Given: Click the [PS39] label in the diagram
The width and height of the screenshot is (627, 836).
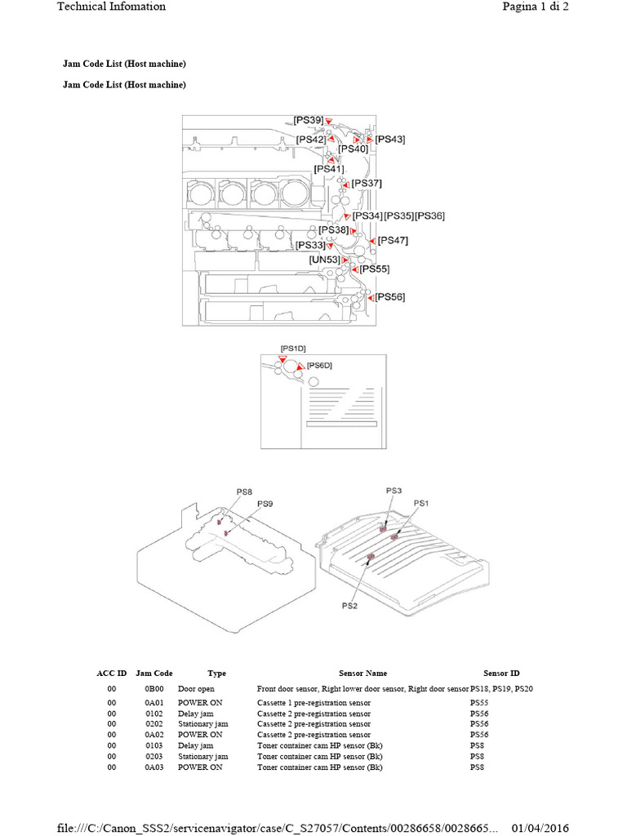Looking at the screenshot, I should [308, 120].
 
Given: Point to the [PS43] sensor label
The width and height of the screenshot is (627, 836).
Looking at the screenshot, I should [390, 140].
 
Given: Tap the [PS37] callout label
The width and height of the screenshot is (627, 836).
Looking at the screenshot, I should [367, 184].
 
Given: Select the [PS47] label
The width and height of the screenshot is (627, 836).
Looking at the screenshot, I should [394, 241].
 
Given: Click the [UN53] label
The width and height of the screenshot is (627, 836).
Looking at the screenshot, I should [324, 260].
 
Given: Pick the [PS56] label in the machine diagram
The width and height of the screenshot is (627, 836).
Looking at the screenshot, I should [389, 297].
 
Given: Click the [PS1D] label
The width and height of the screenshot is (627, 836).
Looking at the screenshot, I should [292, 349].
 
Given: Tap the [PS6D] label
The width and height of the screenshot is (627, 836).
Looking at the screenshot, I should [319, 365].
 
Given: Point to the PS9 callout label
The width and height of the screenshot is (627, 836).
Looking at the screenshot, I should [265, 504].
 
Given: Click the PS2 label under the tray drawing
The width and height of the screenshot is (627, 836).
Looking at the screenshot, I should [349, 606].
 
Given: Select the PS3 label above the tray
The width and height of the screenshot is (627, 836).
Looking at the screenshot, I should [394, 490].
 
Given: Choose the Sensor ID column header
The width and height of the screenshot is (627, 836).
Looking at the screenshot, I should [501, 674].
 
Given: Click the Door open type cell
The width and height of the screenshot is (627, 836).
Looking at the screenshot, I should [196, 689].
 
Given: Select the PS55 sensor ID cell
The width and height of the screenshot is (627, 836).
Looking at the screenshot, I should [479, 703].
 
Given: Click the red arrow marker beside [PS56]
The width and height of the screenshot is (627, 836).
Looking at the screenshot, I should [371, 298].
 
